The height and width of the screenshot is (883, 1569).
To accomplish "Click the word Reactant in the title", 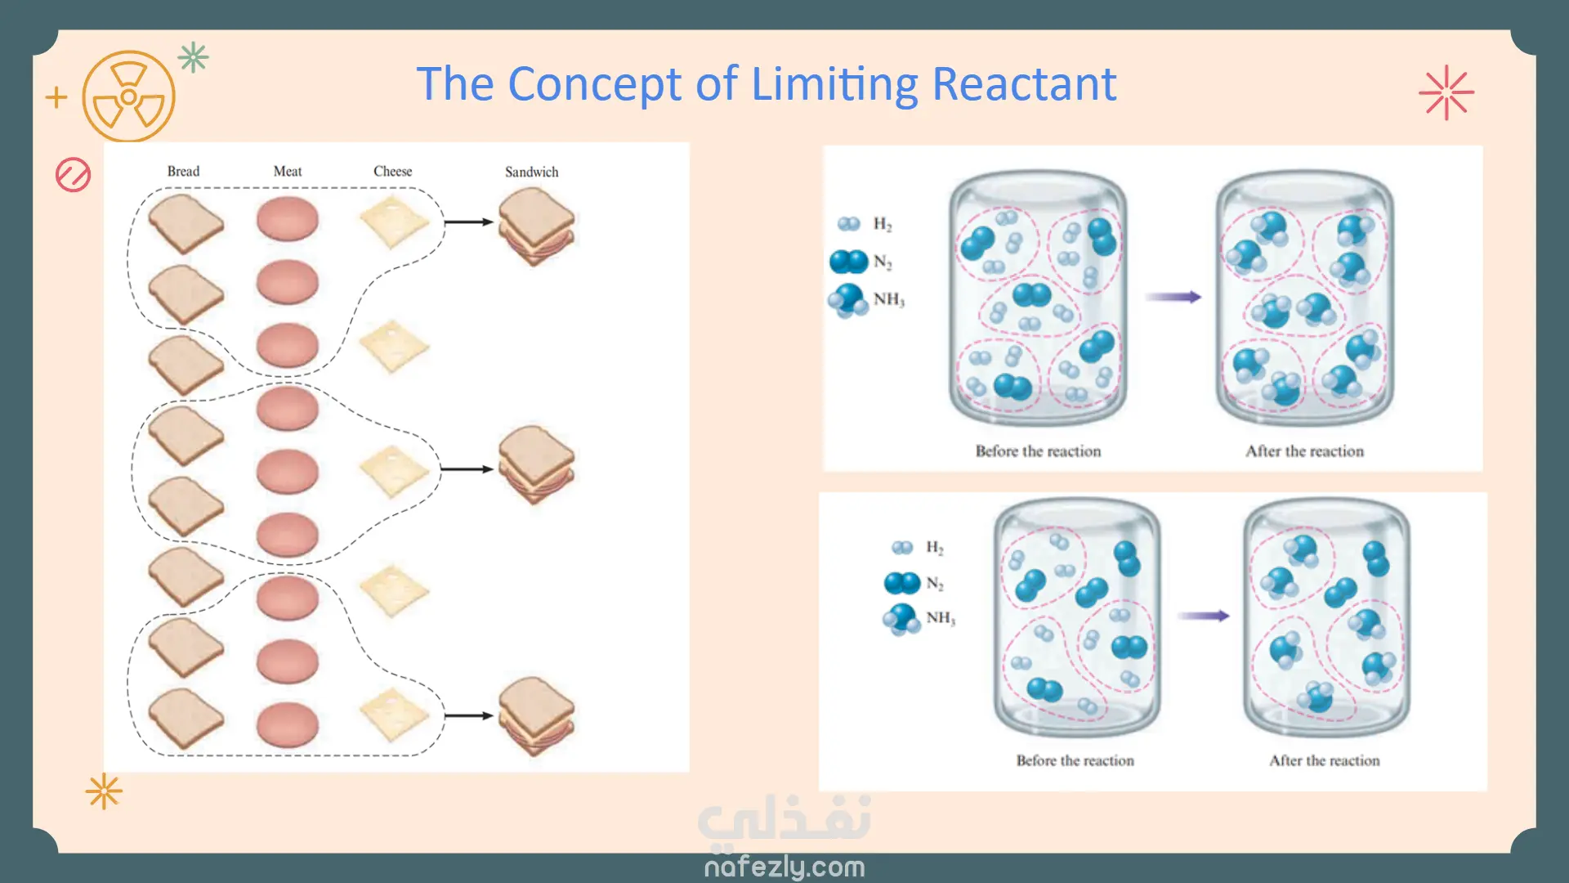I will [1024, 84].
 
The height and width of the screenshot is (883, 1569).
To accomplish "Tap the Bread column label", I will [183, 171].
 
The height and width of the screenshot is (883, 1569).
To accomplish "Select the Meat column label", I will [288, 171].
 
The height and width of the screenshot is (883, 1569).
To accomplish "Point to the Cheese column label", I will [392, 171].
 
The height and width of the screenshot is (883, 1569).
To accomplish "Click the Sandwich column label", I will [531, 172].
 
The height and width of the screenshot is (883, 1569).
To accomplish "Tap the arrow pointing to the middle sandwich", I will [467, 469].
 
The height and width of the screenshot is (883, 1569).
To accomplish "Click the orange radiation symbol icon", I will [128, 97].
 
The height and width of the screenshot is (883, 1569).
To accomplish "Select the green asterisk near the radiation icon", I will [194, 57].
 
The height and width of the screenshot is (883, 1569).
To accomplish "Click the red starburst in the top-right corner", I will [1446, 92].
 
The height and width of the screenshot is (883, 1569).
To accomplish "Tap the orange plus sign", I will [56, 97].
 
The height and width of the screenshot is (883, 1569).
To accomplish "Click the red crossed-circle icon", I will [73, 175].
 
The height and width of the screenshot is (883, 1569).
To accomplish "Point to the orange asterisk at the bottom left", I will [104, 791].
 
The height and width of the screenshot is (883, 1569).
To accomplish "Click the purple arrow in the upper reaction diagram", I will [1173, 297].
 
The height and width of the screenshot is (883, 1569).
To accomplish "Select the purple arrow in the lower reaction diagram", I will [1203, 616].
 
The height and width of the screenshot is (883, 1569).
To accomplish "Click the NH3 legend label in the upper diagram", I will [888, 299].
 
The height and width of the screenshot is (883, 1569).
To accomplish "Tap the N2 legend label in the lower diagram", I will [935, 583].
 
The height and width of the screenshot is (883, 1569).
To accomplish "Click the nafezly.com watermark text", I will [784, 867].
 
